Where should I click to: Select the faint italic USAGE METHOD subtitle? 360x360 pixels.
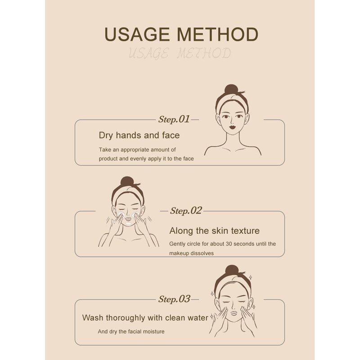click(x=180, y=54)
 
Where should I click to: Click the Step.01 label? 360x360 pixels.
click(x=174, y=119)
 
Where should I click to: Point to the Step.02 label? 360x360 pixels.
click(x=186, y=211)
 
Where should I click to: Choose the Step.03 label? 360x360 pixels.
click(x=174, y=299)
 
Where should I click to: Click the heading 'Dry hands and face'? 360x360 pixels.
click(x=139, y=135)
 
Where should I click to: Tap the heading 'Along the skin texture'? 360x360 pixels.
click(x=214, y=231)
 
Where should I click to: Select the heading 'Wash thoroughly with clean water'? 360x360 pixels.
click(x=145, y=318)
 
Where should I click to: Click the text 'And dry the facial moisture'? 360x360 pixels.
click(x=131, y=332)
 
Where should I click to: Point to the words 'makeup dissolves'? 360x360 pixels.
click(x=191, y=253)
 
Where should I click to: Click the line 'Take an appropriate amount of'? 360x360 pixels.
click(x=137, y=149)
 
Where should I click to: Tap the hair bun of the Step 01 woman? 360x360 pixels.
click(x=231, y=89)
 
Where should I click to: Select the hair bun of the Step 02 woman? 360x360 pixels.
click(x=127, y=182)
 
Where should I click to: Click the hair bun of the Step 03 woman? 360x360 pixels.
click(x=231, y=270)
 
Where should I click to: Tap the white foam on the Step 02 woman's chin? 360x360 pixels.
click(x=129, y=222)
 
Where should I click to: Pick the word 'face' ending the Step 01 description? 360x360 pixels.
click(x=188, y=159)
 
